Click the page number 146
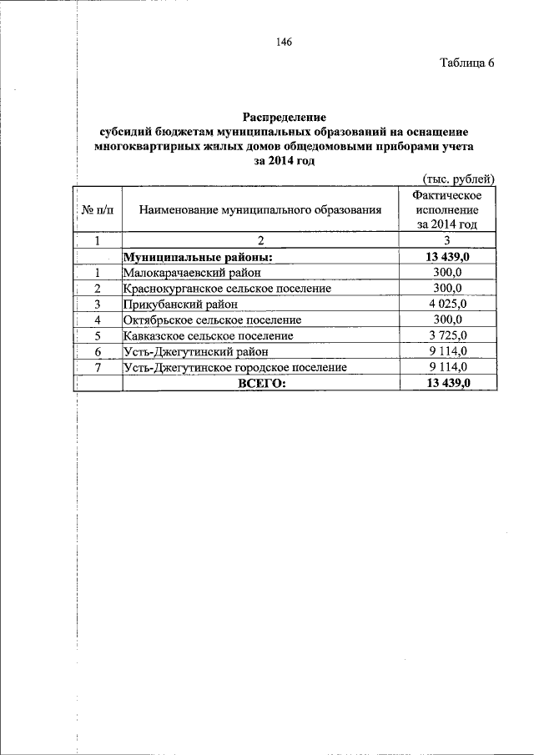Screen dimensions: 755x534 pyautogui.click(x=283, y=43)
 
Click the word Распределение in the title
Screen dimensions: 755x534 pyautogui.click(x=284, y=118)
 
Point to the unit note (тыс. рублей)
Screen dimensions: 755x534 pyautogui.click(x=459, y=178)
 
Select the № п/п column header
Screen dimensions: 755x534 pyautogui.click(x=98, y=209)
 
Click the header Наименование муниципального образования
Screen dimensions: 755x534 pyautogui.click(x=260, y=210)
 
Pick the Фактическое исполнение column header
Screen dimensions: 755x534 pyautogui.click(x=447, y=209)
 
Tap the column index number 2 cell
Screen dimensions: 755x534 pyautogui.click(x=260, y=242)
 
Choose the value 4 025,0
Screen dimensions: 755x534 pyautogui.click(x=447, y=305)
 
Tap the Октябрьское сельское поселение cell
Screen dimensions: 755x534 pyautogui.click(x=212, y=320)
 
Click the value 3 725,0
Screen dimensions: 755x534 pyautogui.click(x=447, y=335)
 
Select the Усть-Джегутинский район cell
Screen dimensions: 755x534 pyautogui.click(x=188, y=351)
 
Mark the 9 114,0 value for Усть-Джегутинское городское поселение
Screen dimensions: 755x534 pyautogui.click(x=447, y=367)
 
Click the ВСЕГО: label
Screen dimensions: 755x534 pyautogui.click(x=261, y=383)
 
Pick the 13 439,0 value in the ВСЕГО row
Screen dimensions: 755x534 pyautogui.click(x=447, y=383)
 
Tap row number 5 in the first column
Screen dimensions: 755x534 pyautogui.click(x=98, y=335)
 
